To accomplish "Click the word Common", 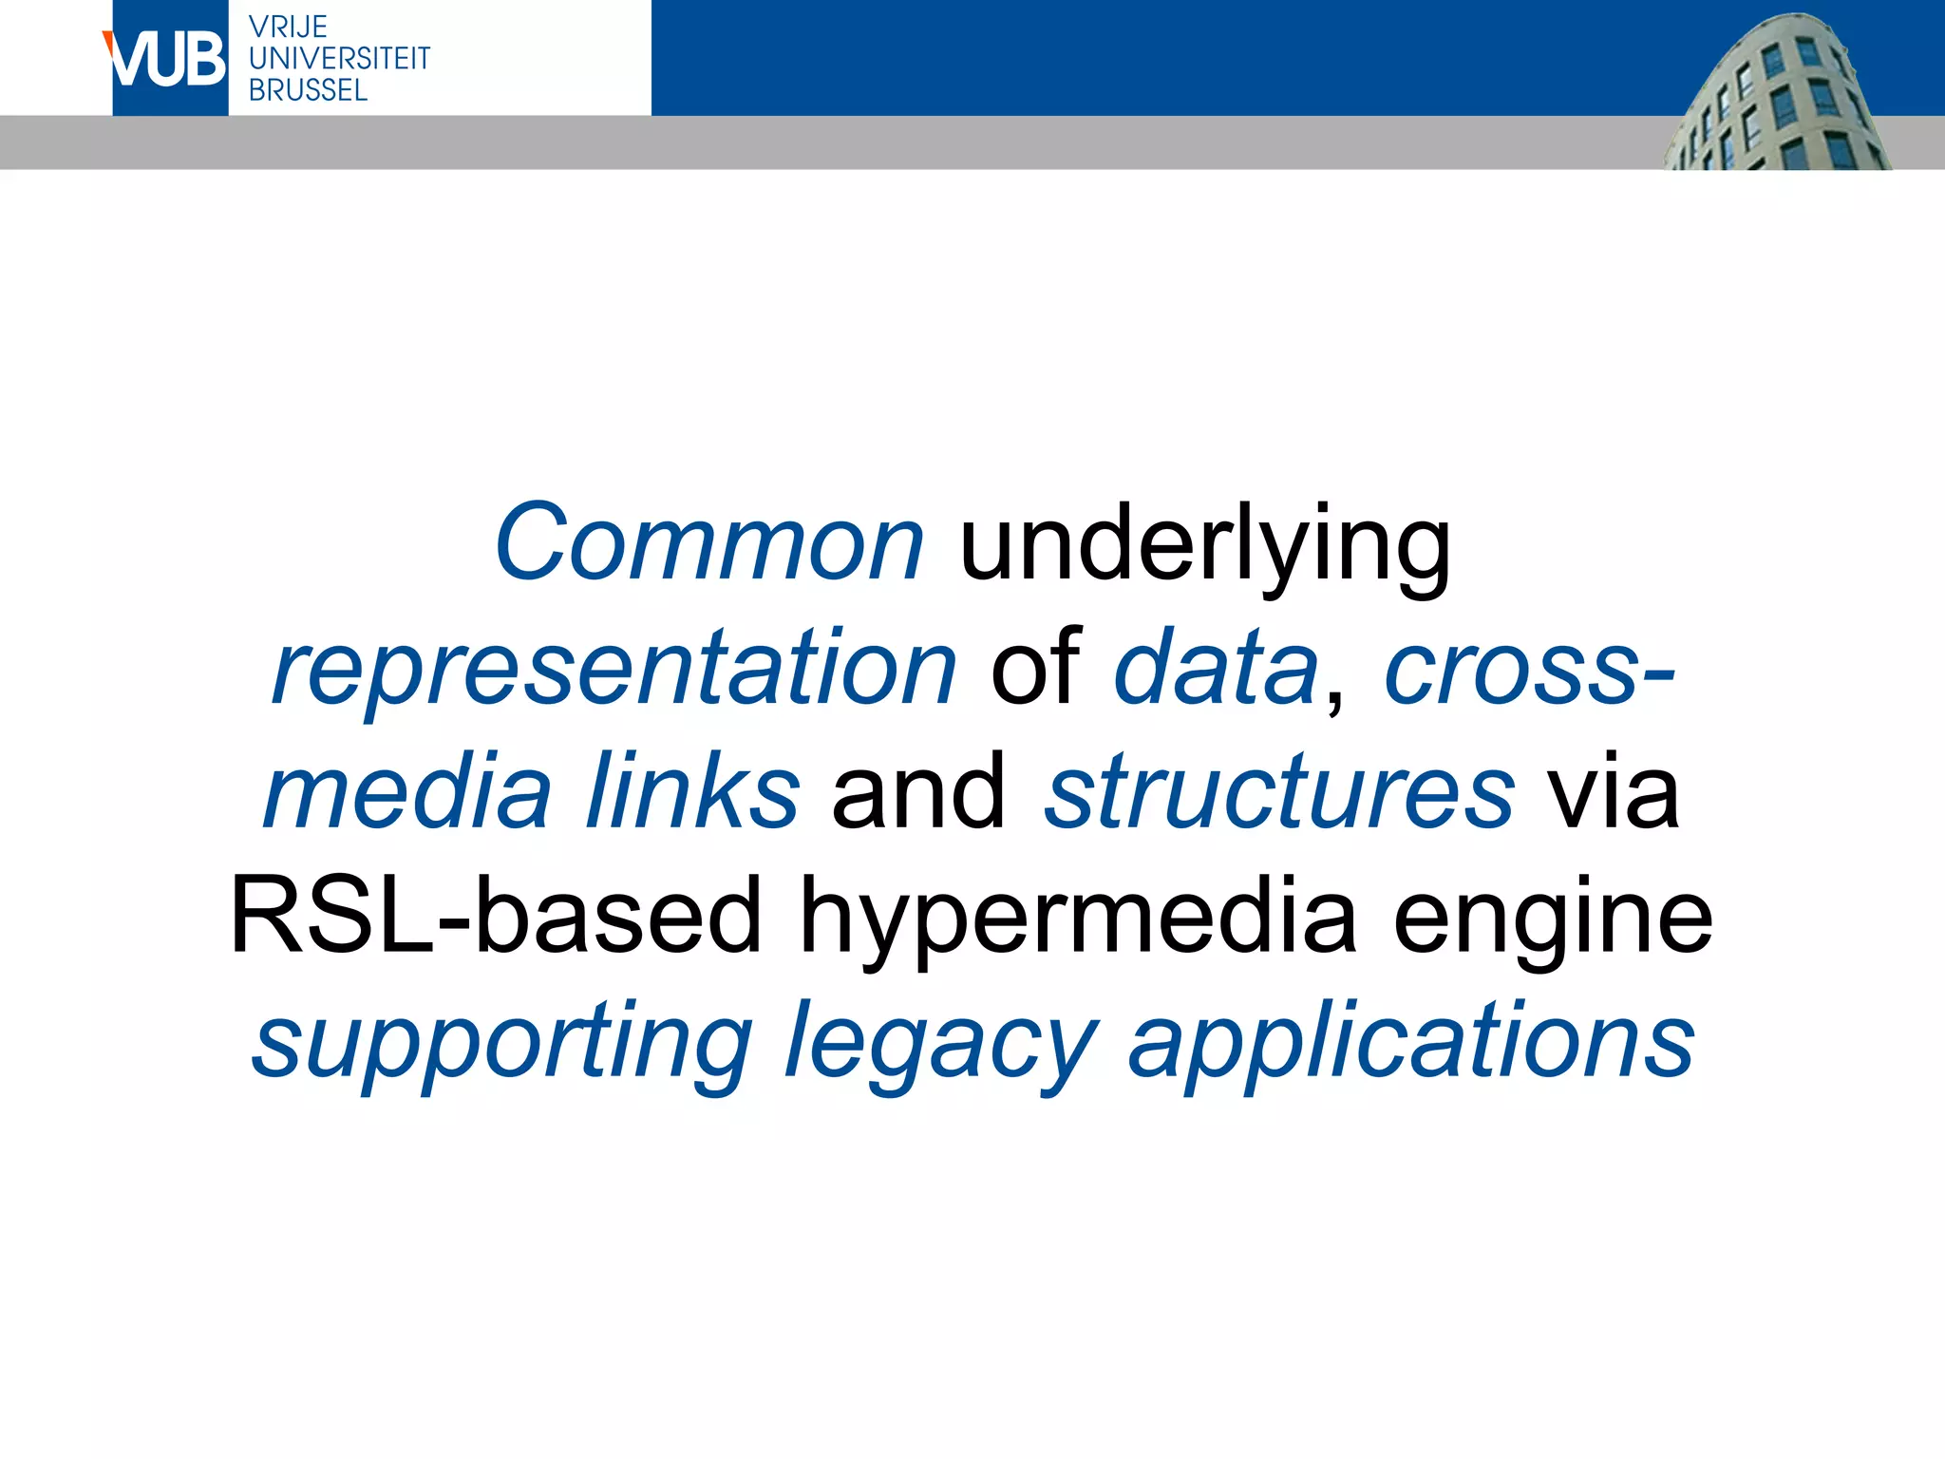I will (x=708, y=543).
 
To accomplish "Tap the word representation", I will (x=614, y=671).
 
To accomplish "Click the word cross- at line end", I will (x=1529, y=670).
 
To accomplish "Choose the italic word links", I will (x=692, y=792).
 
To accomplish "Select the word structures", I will (x=1279, y=792).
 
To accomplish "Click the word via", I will (x=1614, y=792).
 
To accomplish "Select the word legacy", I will (x=940, y=1045).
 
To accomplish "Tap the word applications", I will (x=1411, y=1045).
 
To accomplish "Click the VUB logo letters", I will (x=168, y=60).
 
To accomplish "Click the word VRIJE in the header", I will (x=288, y=27).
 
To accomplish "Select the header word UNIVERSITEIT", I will (x=339, y=59).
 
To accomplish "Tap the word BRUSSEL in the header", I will (x=308, y=90).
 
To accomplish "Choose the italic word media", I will (x=407, y=792).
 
